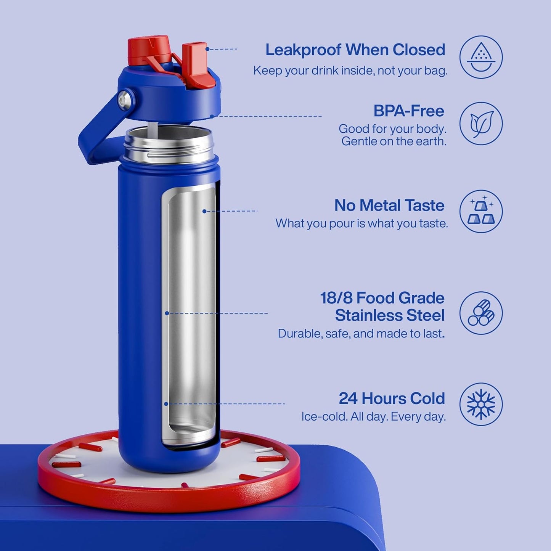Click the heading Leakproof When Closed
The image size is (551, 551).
(355, 50)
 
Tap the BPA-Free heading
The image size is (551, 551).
(409, 111)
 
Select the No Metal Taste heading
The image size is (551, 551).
(389, 206)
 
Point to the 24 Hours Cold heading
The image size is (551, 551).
(392, 398)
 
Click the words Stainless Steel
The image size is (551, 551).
(390, 315)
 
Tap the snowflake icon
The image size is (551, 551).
(481, 404)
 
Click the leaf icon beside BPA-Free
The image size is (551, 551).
(481, 124)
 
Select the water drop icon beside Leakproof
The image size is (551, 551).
(481, 57)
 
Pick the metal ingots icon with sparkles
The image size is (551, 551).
(481, 211)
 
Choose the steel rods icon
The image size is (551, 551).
(481, 313)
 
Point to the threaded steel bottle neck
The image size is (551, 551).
(168, 147)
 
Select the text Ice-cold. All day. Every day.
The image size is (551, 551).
(373, 417)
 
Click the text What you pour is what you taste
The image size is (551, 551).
(361, 223)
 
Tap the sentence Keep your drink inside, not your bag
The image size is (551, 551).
(350, 71)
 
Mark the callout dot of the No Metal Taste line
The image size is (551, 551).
(204, 211)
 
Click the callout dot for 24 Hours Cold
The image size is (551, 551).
(166, 403)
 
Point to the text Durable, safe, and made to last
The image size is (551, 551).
(361, 334)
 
